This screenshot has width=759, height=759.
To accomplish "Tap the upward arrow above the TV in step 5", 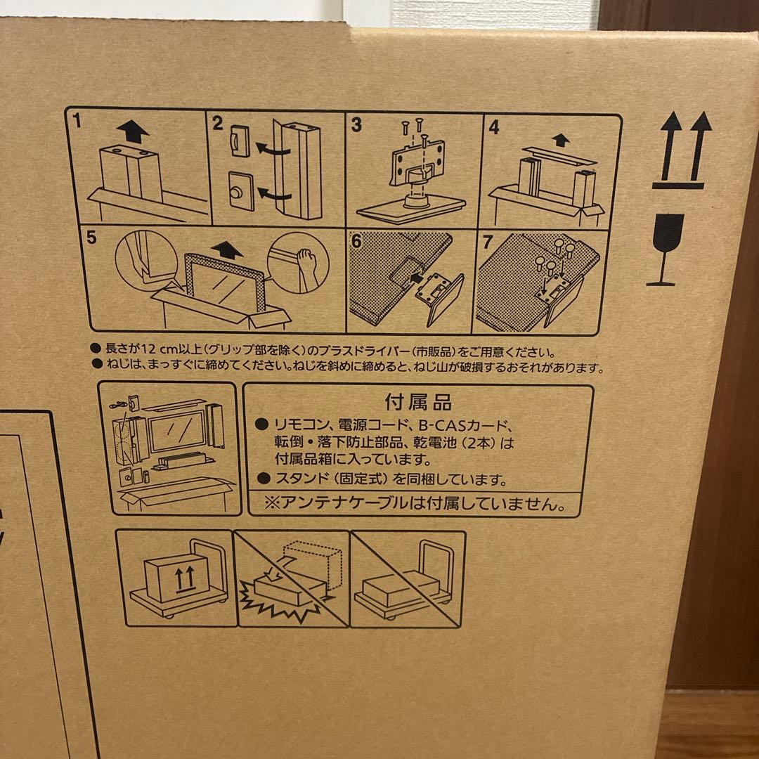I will [228, 248].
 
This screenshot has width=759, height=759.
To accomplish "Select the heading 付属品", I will [418, 402].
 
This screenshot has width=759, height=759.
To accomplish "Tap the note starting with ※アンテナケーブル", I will [413, 503].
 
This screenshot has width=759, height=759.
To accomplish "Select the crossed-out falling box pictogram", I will [292, 578].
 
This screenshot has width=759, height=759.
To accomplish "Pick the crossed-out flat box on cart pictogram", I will [408, 578].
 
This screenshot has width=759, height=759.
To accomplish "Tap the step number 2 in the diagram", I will [218, 124].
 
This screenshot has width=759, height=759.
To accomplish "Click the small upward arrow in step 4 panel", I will [559, 140].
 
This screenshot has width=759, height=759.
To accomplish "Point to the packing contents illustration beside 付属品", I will [167, 449].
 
